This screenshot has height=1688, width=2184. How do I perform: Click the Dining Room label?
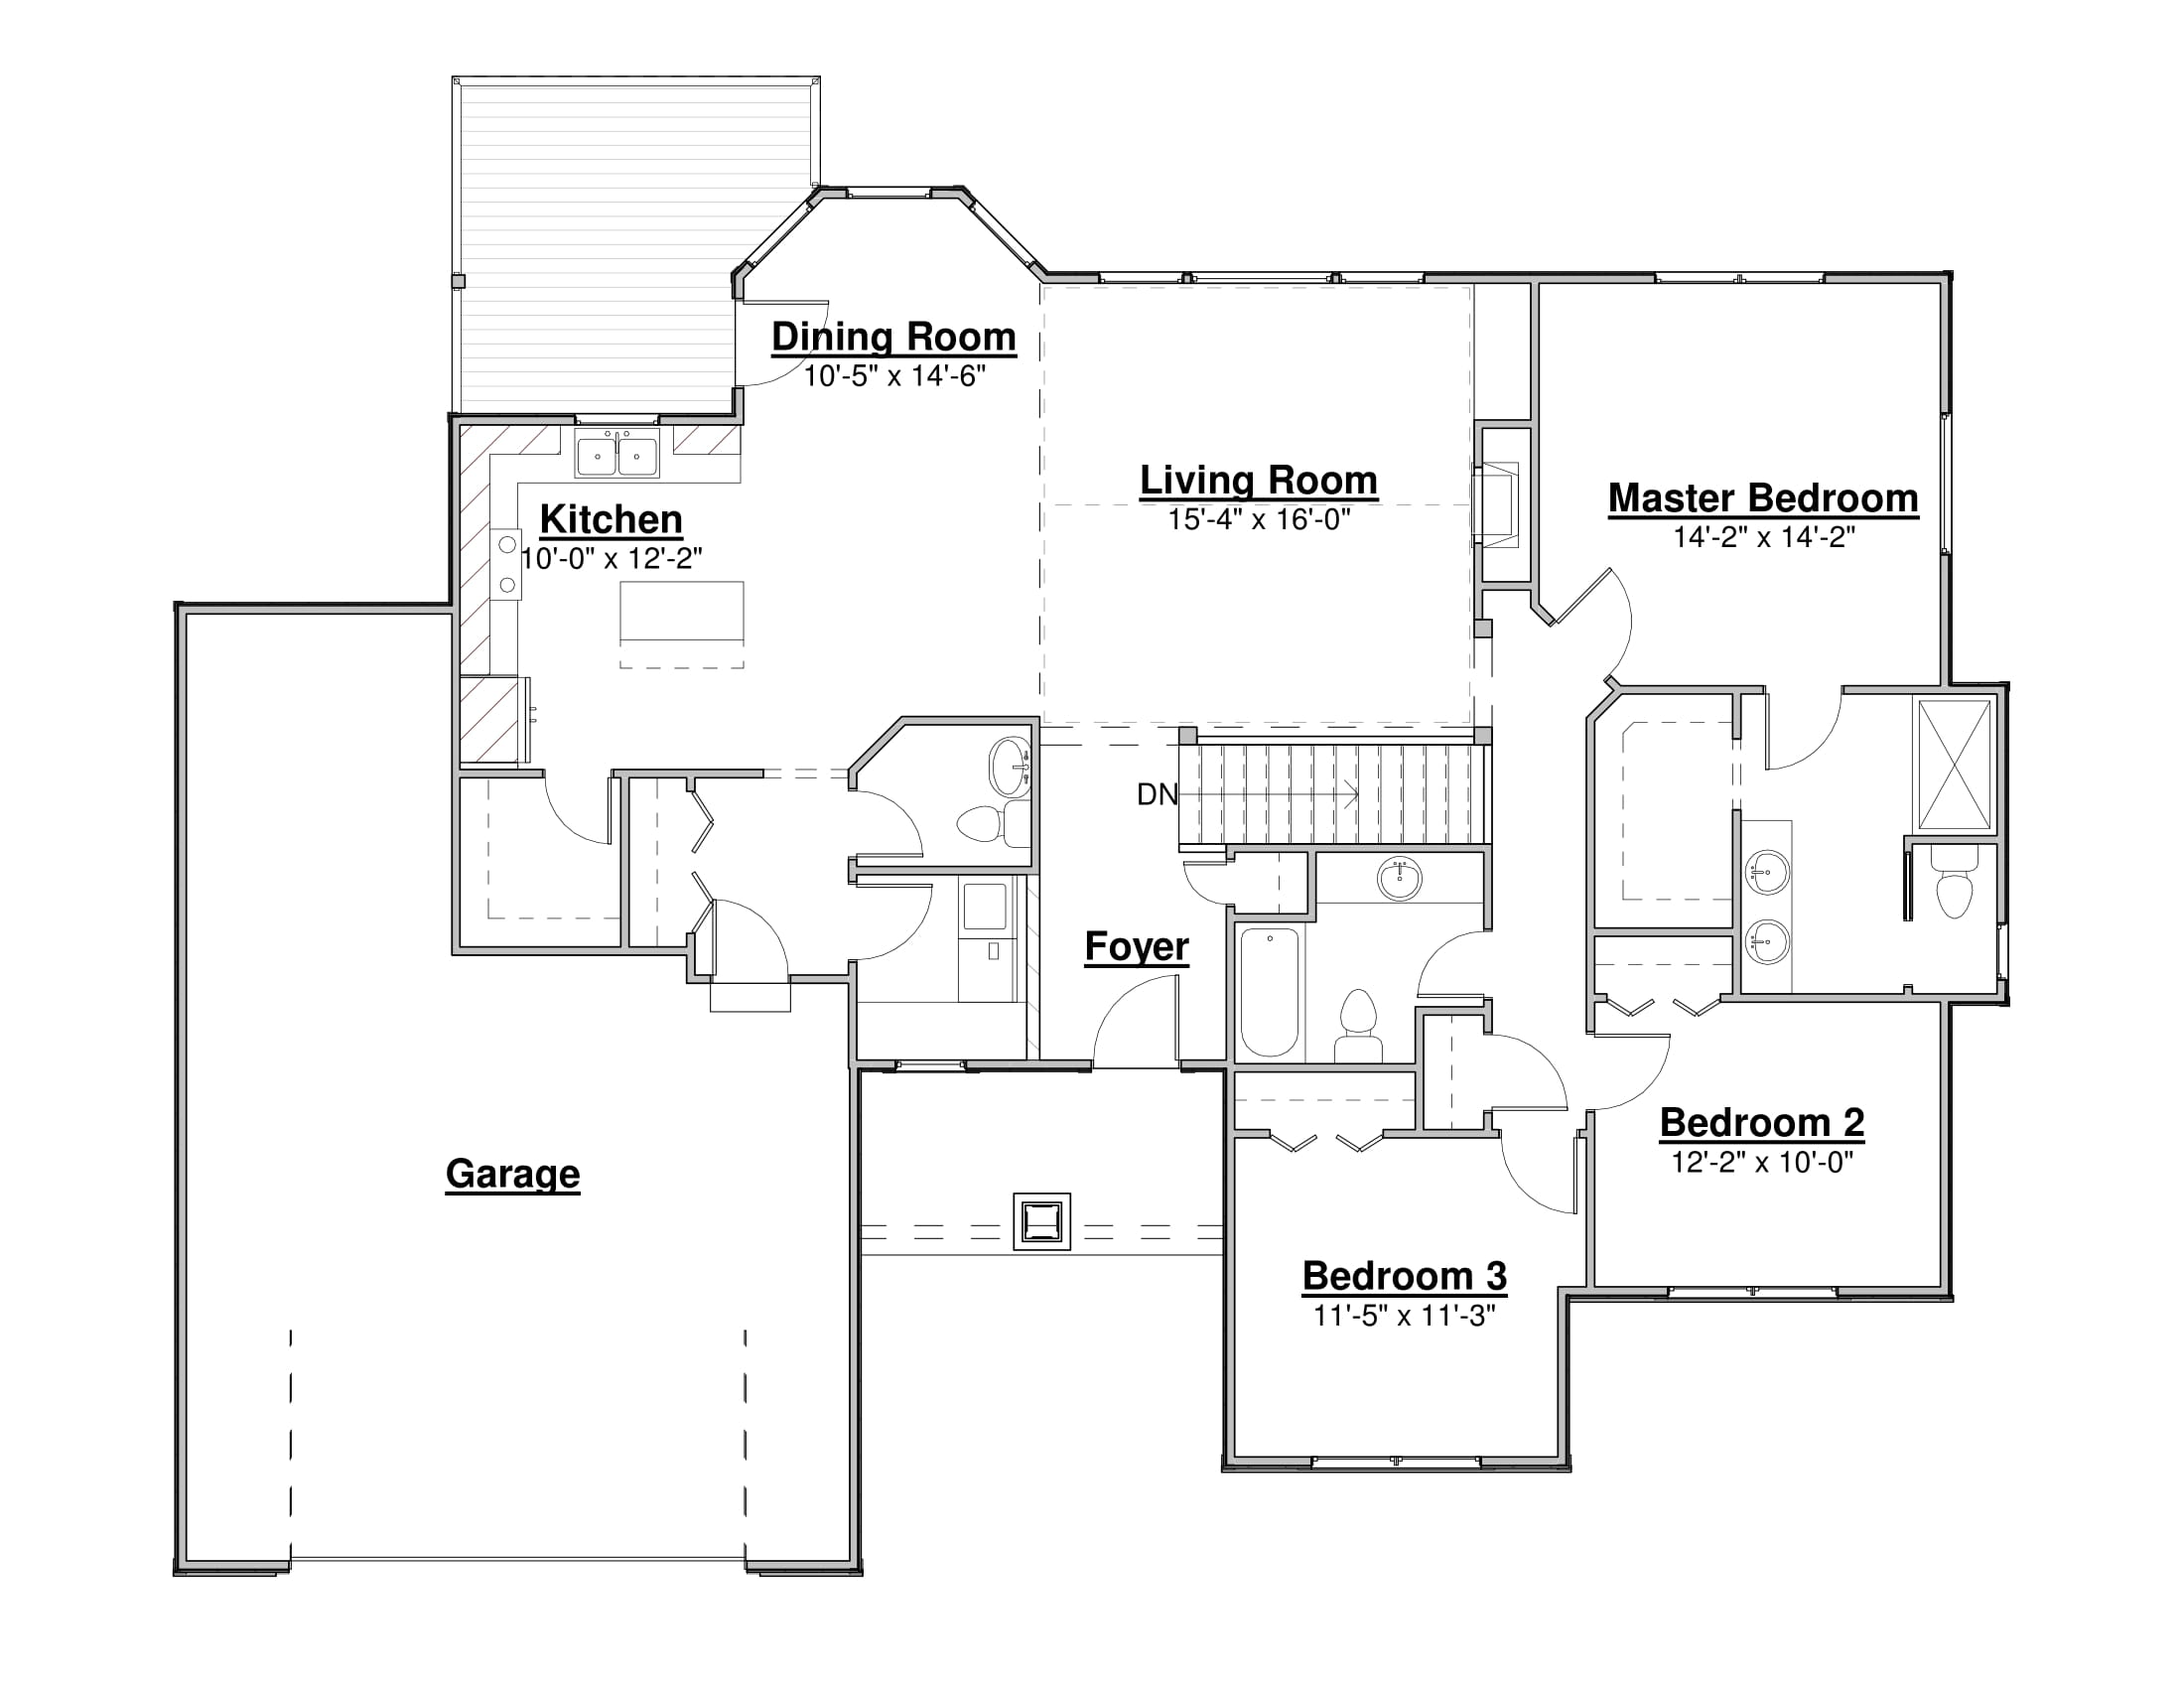point(893,338)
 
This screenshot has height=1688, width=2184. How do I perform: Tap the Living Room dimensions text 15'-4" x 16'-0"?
point(1259,520)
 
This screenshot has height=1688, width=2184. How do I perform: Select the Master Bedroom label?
point(1763,498)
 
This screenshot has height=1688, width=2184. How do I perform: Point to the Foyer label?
point(1137,947)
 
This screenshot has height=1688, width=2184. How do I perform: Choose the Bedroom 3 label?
point(1404,1276)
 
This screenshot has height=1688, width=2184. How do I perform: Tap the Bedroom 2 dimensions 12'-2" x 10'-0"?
point(1762,1162)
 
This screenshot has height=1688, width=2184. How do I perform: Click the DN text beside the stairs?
point(1157,794)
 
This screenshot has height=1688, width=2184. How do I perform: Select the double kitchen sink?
point(616,455)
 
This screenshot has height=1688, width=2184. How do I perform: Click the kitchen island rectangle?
point(682,611)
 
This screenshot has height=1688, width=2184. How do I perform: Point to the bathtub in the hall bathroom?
point(1269,992)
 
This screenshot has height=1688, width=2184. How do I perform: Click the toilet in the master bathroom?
point(1954,881)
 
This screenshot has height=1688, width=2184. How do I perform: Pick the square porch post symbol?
point(1041,1221)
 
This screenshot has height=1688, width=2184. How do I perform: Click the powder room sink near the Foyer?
point(1009,767)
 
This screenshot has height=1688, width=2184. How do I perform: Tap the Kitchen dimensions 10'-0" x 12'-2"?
point(611,559)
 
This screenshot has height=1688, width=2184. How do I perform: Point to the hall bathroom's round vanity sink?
point(1399,879)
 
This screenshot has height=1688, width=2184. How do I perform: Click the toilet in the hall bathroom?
point(1358,1026)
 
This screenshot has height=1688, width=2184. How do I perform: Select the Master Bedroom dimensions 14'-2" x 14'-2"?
point(1764,538)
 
